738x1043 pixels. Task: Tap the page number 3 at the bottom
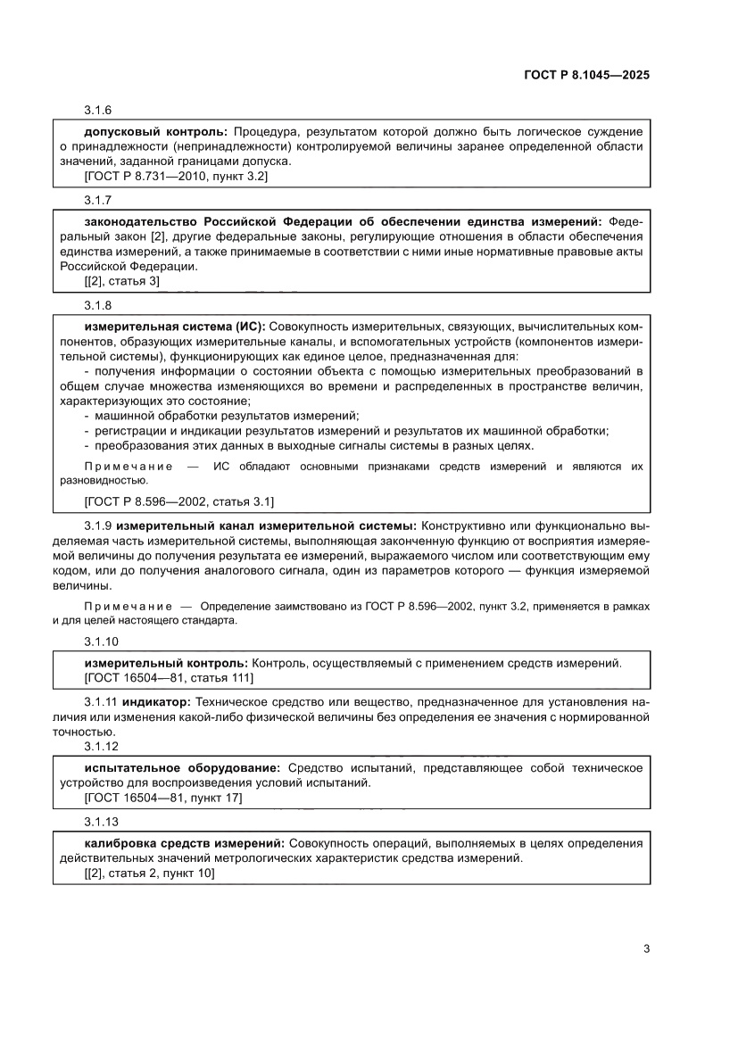tap(646, 948)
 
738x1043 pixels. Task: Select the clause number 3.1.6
tap(97, 111)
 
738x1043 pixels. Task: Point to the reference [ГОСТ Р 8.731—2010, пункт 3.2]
tap(176, 177)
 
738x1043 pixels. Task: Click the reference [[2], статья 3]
tap(121, 281)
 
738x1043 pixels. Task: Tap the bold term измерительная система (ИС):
tap(175, 327)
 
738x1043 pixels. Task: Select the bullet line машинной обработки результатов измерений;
tap(225, 416)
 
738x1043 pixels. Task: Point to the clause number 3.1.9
tap(98, 526)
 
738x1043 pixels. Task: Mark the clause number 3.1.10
tap(101, 642)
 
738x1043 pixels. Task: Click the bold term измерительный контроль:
tap(166, 663)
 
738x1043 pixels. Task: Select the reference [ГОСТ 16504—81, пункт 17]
tap(163, 798)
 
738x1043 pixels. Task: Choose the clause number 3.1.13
tap(101, 822)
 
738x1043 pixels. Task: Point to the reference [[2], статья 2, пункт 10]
tap(149, 873)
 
